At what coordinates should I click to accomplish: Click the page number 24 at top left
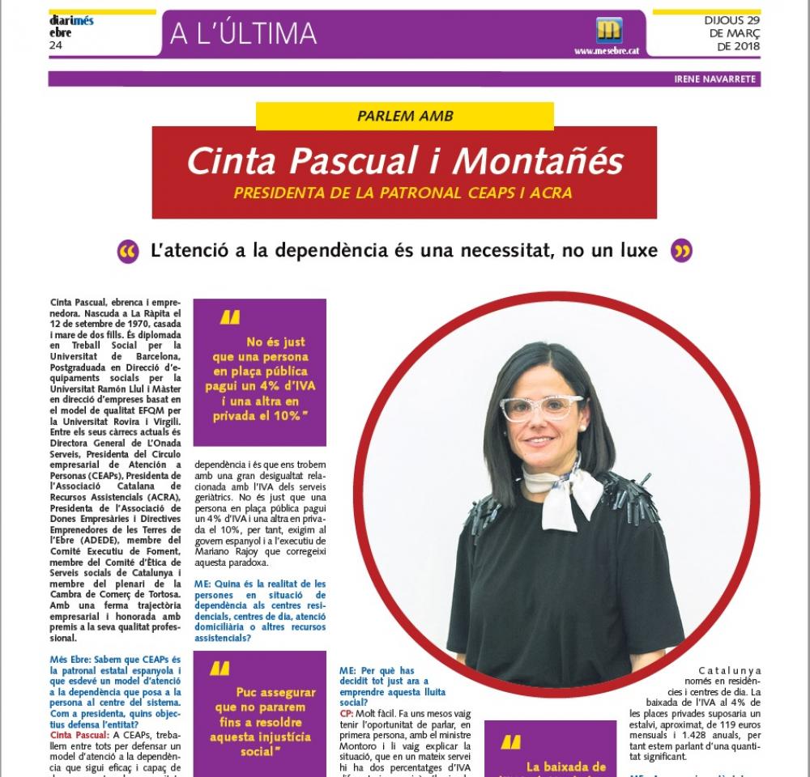coord(56,45)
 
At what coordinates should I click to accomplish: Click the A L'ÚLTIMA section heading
coord(243,33)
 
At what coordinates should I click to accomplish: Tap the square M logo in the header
coord(607,31)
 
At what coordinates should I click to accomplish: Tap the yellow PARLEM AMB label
coord(404,116)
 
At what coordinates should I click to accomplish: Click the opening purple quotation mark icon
coord(128,251)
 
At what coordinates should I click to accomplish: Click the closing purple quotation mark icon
coord(682,251)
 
